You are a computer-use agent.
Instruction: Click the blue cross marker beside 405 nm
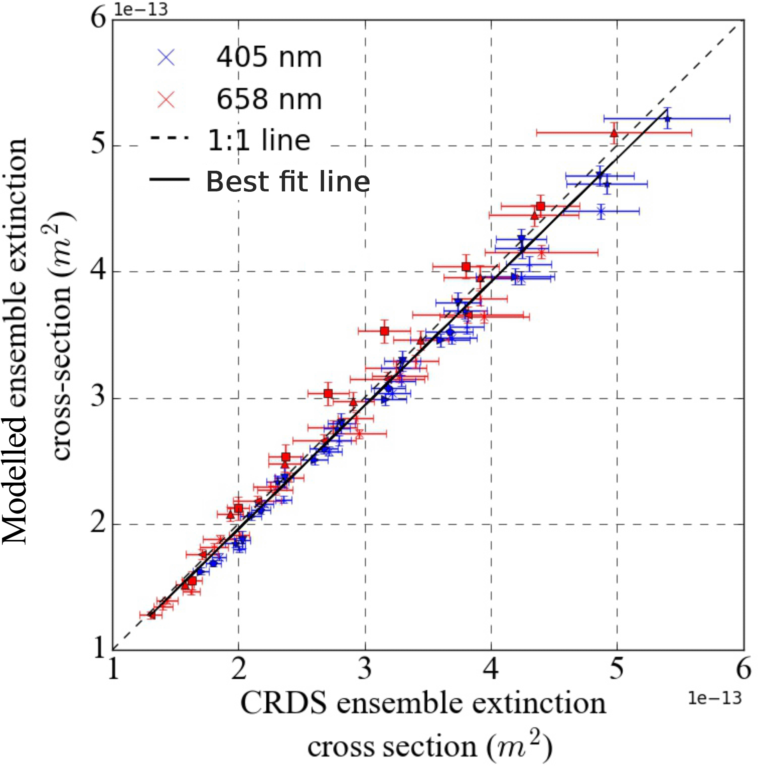[x=166, y=57]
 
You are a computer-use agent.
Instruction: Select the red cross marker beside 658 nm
[x=166, y=99]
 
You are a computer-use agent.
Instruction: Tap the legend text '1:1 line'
[x=259, y=140]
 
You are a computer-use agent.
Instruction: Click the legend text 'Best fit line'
[x=288, y=182]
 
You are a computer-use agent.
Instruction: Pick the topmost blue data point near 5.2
[x=668, y=119]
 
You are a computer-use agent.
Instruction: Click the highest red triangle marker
[x=614, y=133]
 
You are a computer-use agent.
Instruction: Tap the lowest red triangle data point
[x=151, y=615]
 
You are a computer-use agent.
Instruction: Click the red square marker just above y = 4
[x=466, y=266]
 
